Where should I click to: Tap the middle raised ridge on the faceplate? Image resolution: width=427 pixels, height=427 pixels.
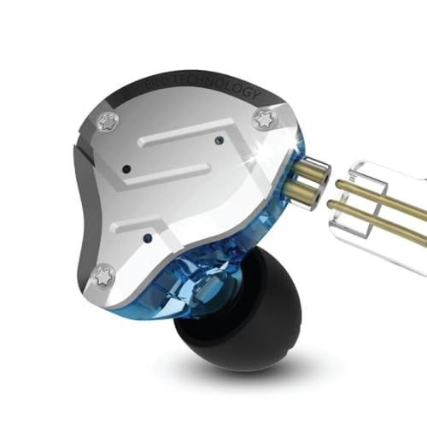[188, 180]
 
